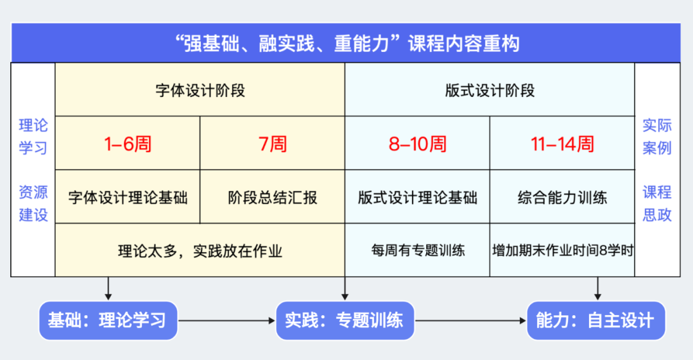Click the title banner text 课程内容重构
tap(464, 44)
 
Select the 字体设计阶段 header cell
tap(200, 90)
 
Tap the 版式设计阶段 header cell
tap(490, 90)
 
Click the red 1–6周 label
tap(128, 144)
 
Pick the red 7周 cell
tap(272, 143)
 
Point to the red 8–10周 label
tap(418, 144)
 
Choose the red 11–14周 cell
tap(562, 143)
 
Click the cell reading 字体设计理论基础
tap(128, 197)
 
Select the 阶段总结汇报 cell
tap(272, 197)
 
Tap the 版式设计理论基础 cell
tap(417, 197)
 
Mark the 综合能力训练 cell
tap(562, 197)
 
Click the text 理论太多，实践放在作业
tap(200, 251)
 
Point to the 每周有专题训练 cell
tap(417, 250)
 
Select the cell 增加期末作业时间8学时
tap(562, 250)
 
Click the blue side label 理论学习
tap(33, 136)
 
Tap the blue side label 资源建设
tap(33, 203)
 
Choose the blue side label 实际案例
tap(657, 136)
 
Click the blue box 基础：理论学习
tap(108, 321)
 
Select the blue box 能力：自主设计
tap(595, 321)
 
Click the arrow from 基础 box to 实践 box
tap(227, 321)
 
